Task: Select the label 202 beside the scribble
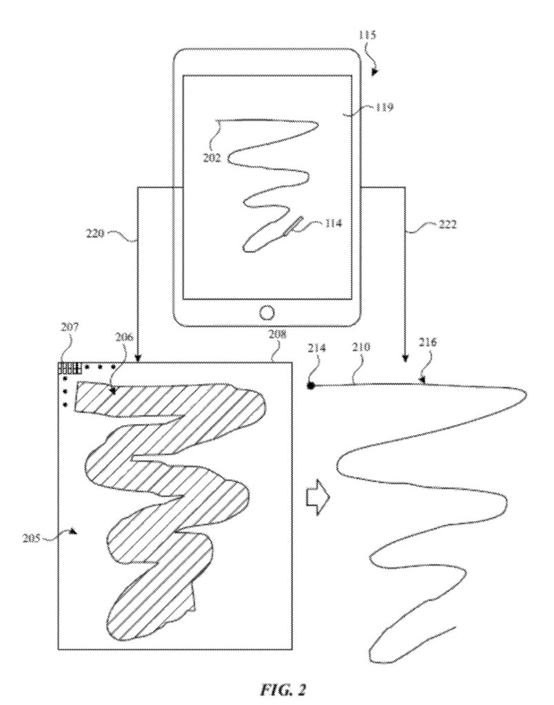(x=212, y=157)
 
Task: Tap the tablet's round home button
(x=267, y=312)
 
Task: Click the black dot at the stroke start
(x=311, y=386)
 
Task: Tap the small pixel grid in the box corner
(x=69, y=369)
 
